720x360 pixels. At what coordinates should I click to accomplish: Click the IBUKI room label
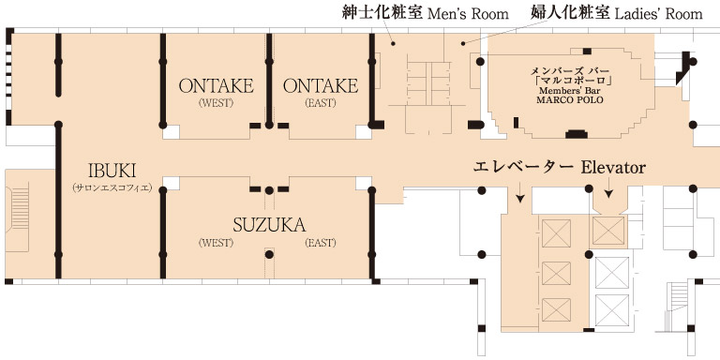[112, 171]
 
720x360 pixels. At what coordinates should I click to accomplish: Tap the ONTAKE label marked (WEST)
[217, 86]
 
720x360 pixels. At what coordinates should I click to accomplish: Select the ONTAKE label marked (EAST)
[321, 86]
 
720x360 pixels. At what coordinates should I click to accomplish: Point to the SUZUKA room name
[269, 225]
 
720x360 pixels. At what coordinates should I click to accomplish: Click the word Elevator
[613, 167]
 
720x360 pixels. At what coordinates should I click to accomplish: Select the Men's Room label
[468, 14]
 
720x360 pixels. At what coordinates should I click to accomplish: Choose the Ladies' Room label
[658, 14]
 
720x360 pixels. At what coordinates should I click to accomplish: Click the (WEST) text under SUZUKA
[216, 243]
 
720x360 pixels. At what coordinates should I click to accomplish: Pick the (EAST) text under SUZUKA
[321, 243]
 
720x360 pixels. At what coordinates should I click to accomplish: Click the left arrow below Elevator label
[519, 192]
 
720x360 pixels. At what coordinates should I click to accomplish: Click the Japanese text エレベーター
[523, 167]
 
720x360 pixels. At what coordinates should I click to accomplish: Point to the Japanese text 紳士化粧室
[382, 12]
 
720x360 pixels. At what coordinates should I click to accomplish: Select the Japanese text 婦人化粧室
[571, 12]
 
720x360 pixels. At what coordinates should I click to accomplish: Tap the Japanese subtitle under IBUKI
[112, 187]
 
